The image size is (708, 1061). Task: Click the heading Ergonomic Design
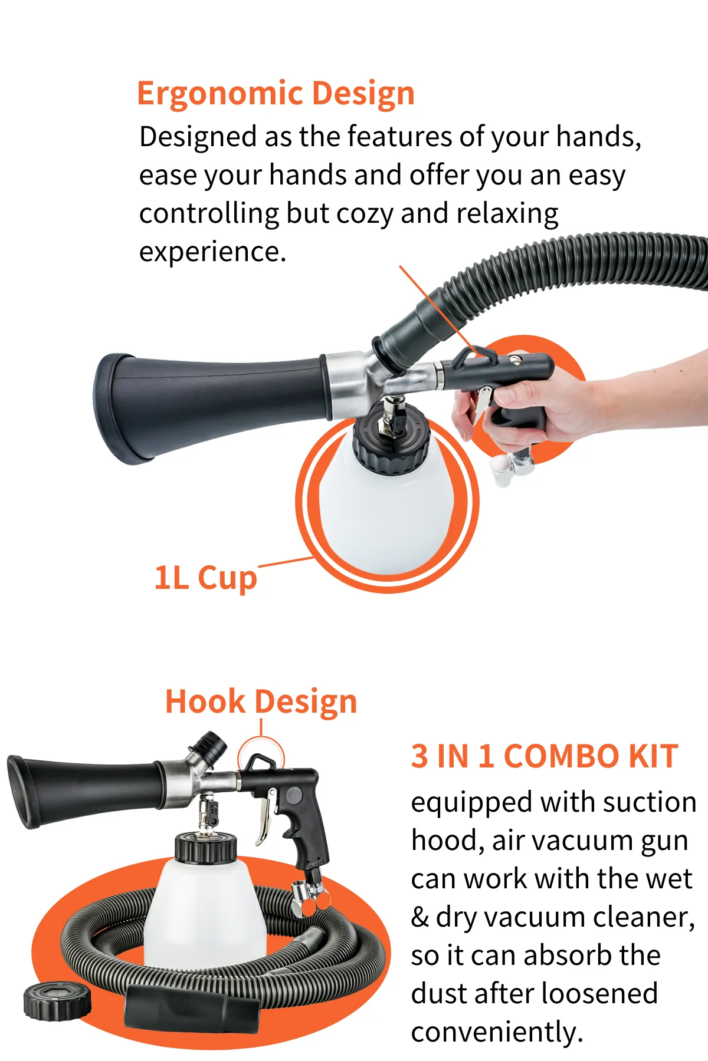276,94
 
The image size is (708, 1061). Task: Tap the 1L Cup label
205,578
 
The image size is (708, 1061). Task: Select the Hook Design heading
261,702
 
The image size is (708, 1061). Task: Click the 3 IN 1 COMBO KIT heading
544,756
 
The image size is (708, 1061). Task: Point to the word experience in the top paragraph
212,252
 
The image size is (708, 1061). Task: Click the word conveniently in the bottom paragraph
497,1032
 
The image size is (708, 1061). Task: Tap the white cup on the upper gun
386,513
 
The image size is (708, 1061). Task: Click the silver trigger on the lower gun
265,816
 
